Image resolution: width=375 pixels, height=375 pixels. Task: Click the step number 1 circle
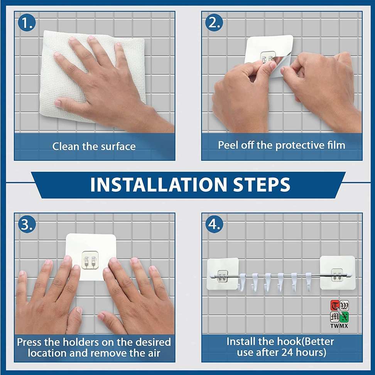(x=27, y=23)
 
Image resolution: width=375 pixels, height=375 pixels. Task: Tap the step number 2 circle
(x=214, y=23)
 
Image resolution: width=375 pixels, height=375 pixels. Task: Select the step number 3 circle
(x=27, y=224)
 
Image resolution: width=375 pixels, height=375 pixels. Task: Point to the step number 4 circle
(x=214, y=224)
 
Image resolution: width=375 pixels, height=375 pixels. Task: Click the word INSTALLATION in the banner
(x=158, y=185)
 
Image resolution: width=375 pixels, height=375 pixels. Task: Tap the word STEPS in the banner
(x=262, y=185)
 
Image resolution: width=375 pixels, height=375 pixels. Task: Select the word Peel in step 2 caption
(x=228, y=145)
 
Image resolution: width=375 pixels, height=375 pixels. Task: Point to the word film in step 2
(x=336, y=145)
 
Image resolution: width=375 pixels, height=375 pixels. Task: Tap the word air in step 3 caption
(x=154, y=353)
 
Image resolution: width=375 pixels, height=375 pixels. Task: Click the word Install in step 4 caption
(x=240, y=341)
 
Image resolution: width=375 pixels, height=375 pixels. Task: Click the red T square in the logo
(x=335, y=306)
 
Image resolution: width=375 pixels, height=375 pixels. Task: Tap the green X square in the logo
(x=344, y=317)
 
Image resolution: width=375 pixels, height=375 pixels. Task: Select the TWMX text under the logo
(x=340, y=326)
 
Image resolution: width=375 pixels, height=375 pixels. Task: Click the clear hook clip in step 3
(x=90, y=260)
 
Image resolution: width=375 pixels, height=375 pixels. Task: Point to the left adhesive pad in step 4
(x=223, y=274)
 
